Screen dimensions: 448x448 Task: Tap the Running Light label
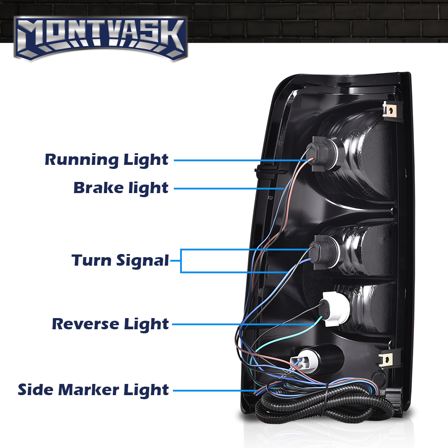point(107,159)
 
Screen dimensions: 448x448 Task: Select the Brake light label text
point(121,188)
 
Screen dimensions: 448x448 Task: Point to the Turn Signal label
point(120,260)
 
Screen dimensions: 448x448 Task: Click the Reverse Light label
point(110,323)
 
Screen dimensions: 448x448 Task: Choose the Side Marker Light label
point(93,389)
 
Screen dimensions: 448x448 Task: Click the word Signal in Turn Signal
point(143,260)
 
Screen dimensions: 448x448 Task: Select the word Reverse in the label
point(83,323)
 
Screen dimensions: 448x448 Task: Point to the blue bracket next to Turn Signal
point(182,261)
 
